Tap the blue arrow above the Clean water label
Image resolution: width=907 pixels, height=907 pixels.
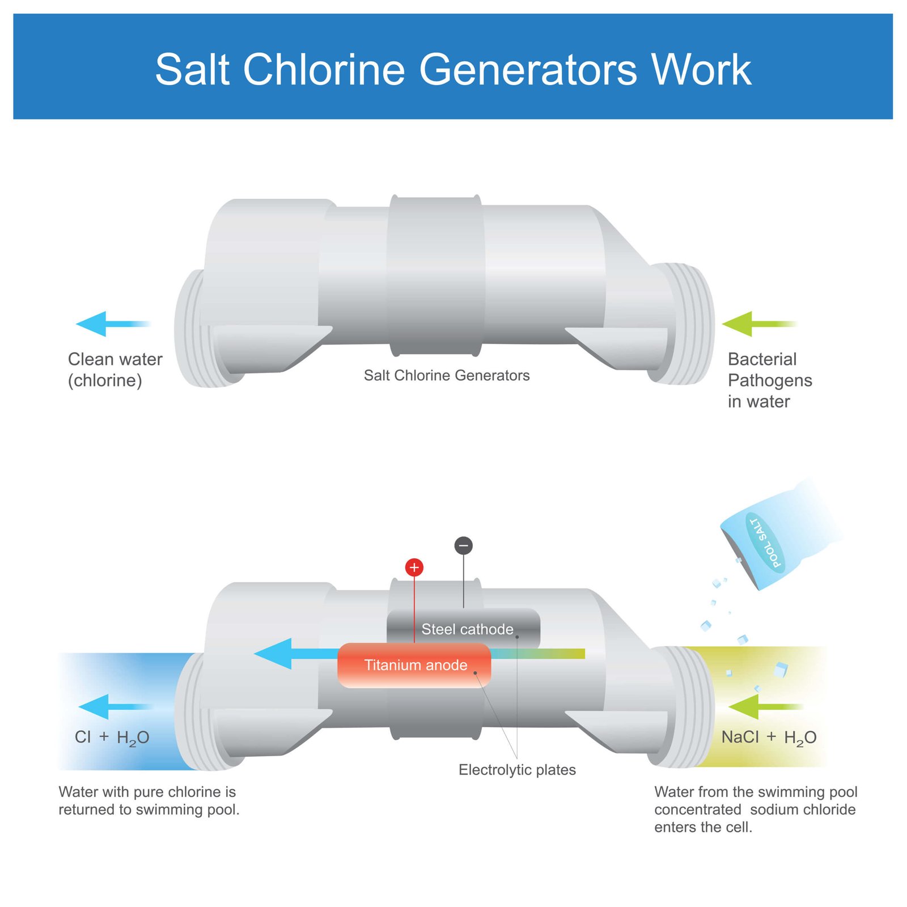point(111,324)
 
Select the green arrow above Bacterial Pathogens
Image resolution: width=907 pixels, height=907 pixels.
point(757,324)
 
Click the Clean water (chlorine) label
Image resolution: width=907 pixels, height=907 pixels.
point(115,370)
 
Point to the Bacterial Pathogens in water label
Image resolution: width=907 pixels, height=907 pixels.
point(769,380)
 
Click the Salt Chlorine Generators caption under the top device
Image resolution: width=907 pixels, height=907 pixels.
point(447,375)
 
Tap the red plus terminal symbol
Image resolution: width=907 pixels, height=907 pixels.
point(414,567)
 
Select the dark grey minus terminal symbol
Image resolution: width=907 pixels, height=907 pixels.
point(464,546)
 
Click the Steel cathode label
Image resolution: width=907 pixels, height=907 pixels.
point(467,629)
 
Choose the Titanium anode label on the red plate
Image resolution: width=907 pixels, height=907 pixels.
point(416,665)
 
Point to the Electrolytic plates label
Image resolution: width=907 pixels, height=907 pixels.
point(517,770)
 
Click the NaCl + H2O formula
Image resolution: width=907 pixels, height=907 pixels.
point(769,738)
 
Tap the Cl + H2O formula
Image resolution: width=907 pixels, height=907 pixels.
point(112,738)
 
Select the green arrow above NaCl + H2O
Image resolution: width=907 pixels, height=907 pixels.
point(764,706)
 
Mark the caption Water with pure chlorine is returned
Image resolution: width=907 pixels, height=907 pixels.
point(149,800)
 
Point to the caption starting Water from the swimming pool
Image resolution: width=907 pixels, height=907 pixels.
point(755,809)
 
